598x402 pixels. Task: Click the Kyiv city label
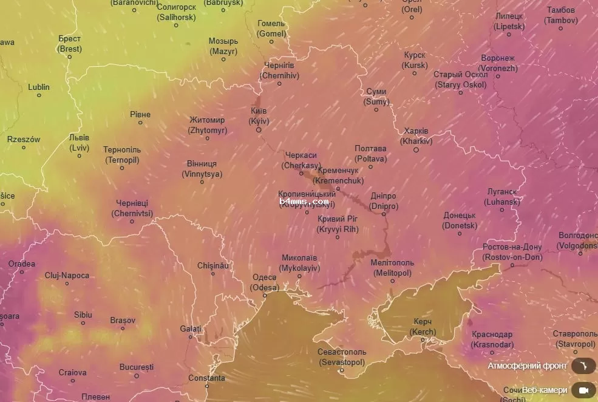coord(259,116)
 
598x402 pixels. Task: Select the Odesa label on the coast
coord(265,282)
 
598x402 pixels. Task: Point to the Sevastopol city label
coord(342,357)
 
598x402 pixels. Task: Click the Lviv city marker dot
coord(79,156)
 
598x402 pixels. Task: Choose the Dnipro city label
coord(384,201)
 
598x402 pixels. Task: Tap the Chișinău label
coord(213,266)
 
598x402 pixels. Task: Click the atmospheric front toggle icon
coord(584,366)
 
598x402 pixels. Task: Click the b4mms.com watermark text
coord(304,201)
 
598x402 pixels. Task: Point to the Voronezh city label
coord(498,63)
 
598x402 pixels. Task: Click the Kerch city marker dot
coord(423,340)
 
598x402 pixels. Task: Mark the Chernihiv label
coord(279,70)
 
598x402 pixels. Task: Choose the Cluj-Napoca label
coord(67,276)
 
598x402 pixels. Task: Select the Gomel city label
coord(271,29)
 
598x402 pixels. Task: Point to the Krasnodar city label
coord(492,339)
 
